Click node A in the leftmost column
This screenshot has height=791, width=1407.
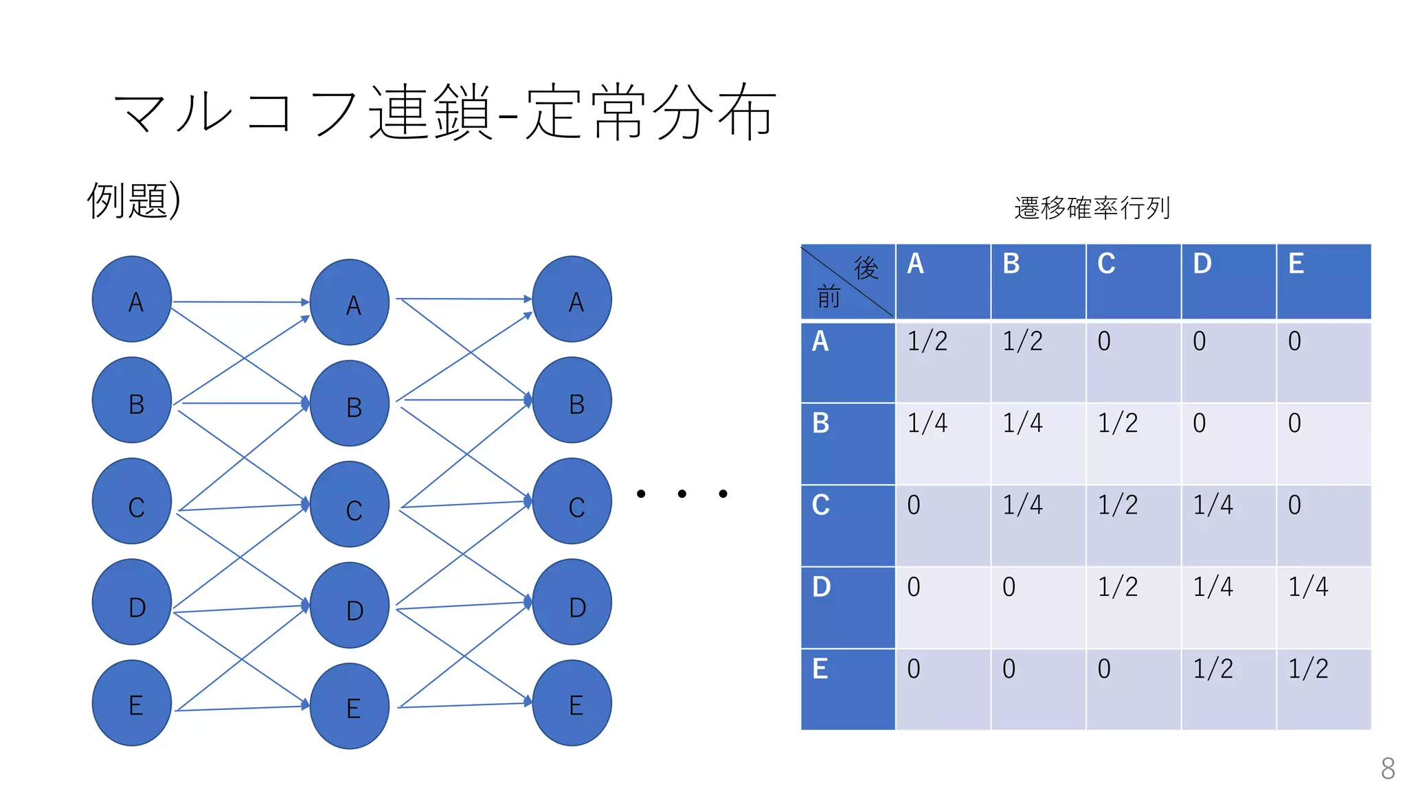(x=132, y=299)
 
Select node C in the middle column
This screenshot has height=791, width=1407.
(x=350, y=505)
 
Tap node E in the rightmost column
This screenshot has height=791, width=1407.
(x=572, y=703)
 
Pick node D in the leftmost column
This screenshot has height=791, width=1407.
(x=132, y=602)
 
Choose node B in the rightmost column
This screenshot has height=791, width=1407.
(x=572, y=400)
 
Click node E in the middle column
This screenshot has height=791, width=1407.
(x=350, y=706)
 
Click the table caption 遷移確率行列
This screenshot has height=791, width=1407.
(x=1092, y=208)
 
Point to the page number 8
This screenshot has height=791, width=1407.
(x=1388, y=768)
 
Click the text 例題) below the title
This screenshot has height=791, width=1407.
(x=134, y=200)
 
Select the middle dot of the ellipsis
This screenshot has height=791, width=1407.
(x=682, y=494)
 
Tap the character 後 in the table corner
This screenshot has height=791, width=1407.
(x=866, y=268)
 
